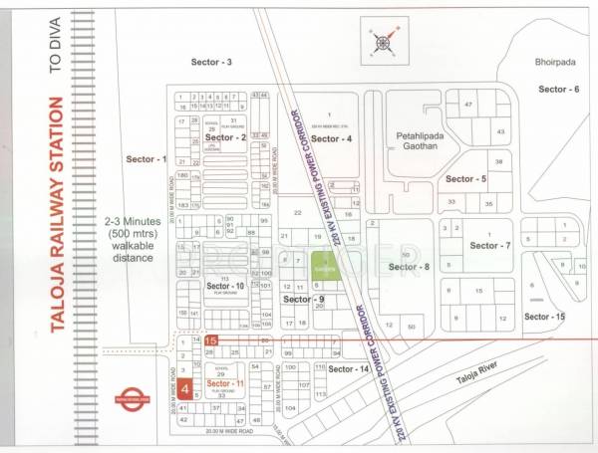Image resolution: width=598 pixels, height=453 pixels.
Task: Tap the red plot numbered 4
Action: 185,389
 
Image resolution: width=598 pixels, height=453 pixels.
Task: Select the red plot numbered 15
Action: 210,340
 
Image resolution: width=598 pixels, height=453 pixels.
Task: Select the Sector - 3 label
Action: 211,62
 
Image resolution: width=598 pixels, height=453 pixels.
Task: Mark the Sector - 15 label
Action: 545,316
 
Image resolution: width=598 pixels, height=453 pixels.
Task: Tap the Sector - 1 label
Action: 148,159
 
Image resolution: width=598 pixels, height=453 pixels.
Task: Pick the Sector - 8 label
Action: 409,267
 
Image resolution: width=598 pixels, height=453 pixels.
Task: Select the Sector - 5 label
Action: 465,179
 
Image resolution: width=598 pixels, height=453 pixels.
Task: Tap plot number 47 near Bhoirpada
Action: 466,105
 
